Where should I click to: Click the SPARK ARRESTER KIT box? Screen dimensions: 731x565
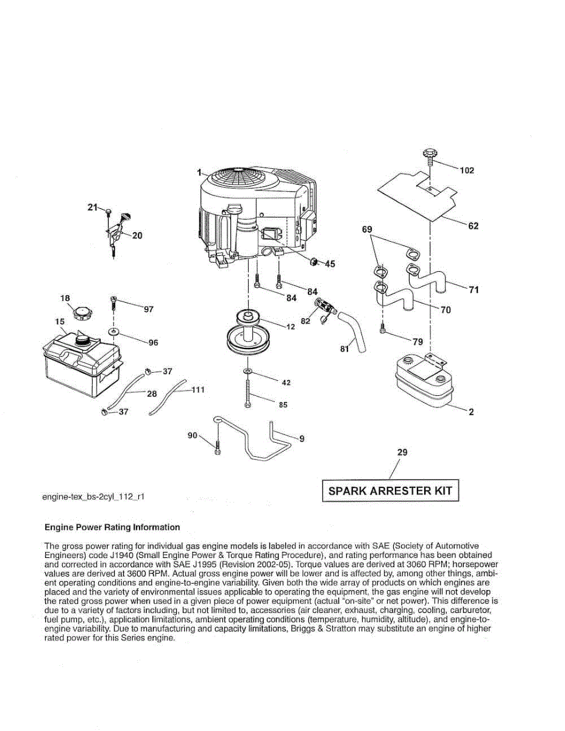pos(390,490)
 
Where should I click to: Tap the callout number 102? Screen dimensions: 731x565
pos(466,171)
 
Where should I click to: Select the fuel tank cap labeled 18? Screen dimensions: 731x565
pos(81,314)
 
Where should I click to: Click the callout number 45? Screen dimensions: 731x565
pos(330,264)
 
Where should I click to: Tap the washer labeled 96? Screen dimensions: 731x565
pos(114,332)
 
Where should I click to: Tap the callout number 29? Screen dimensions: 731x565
pos(402,453)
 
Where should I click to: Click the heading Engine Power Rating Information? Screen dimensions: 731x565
pos(113,528)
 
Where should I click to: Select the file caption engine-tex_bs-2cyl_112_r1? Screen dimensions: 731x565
pos(93,497)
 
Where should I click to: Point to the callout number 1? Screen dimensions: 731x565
pos(199,173)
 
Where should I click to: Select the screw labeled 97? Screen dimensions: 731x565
pos(114,302)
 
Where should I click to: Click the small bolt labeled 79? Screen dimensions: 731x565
pos(382,331)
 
